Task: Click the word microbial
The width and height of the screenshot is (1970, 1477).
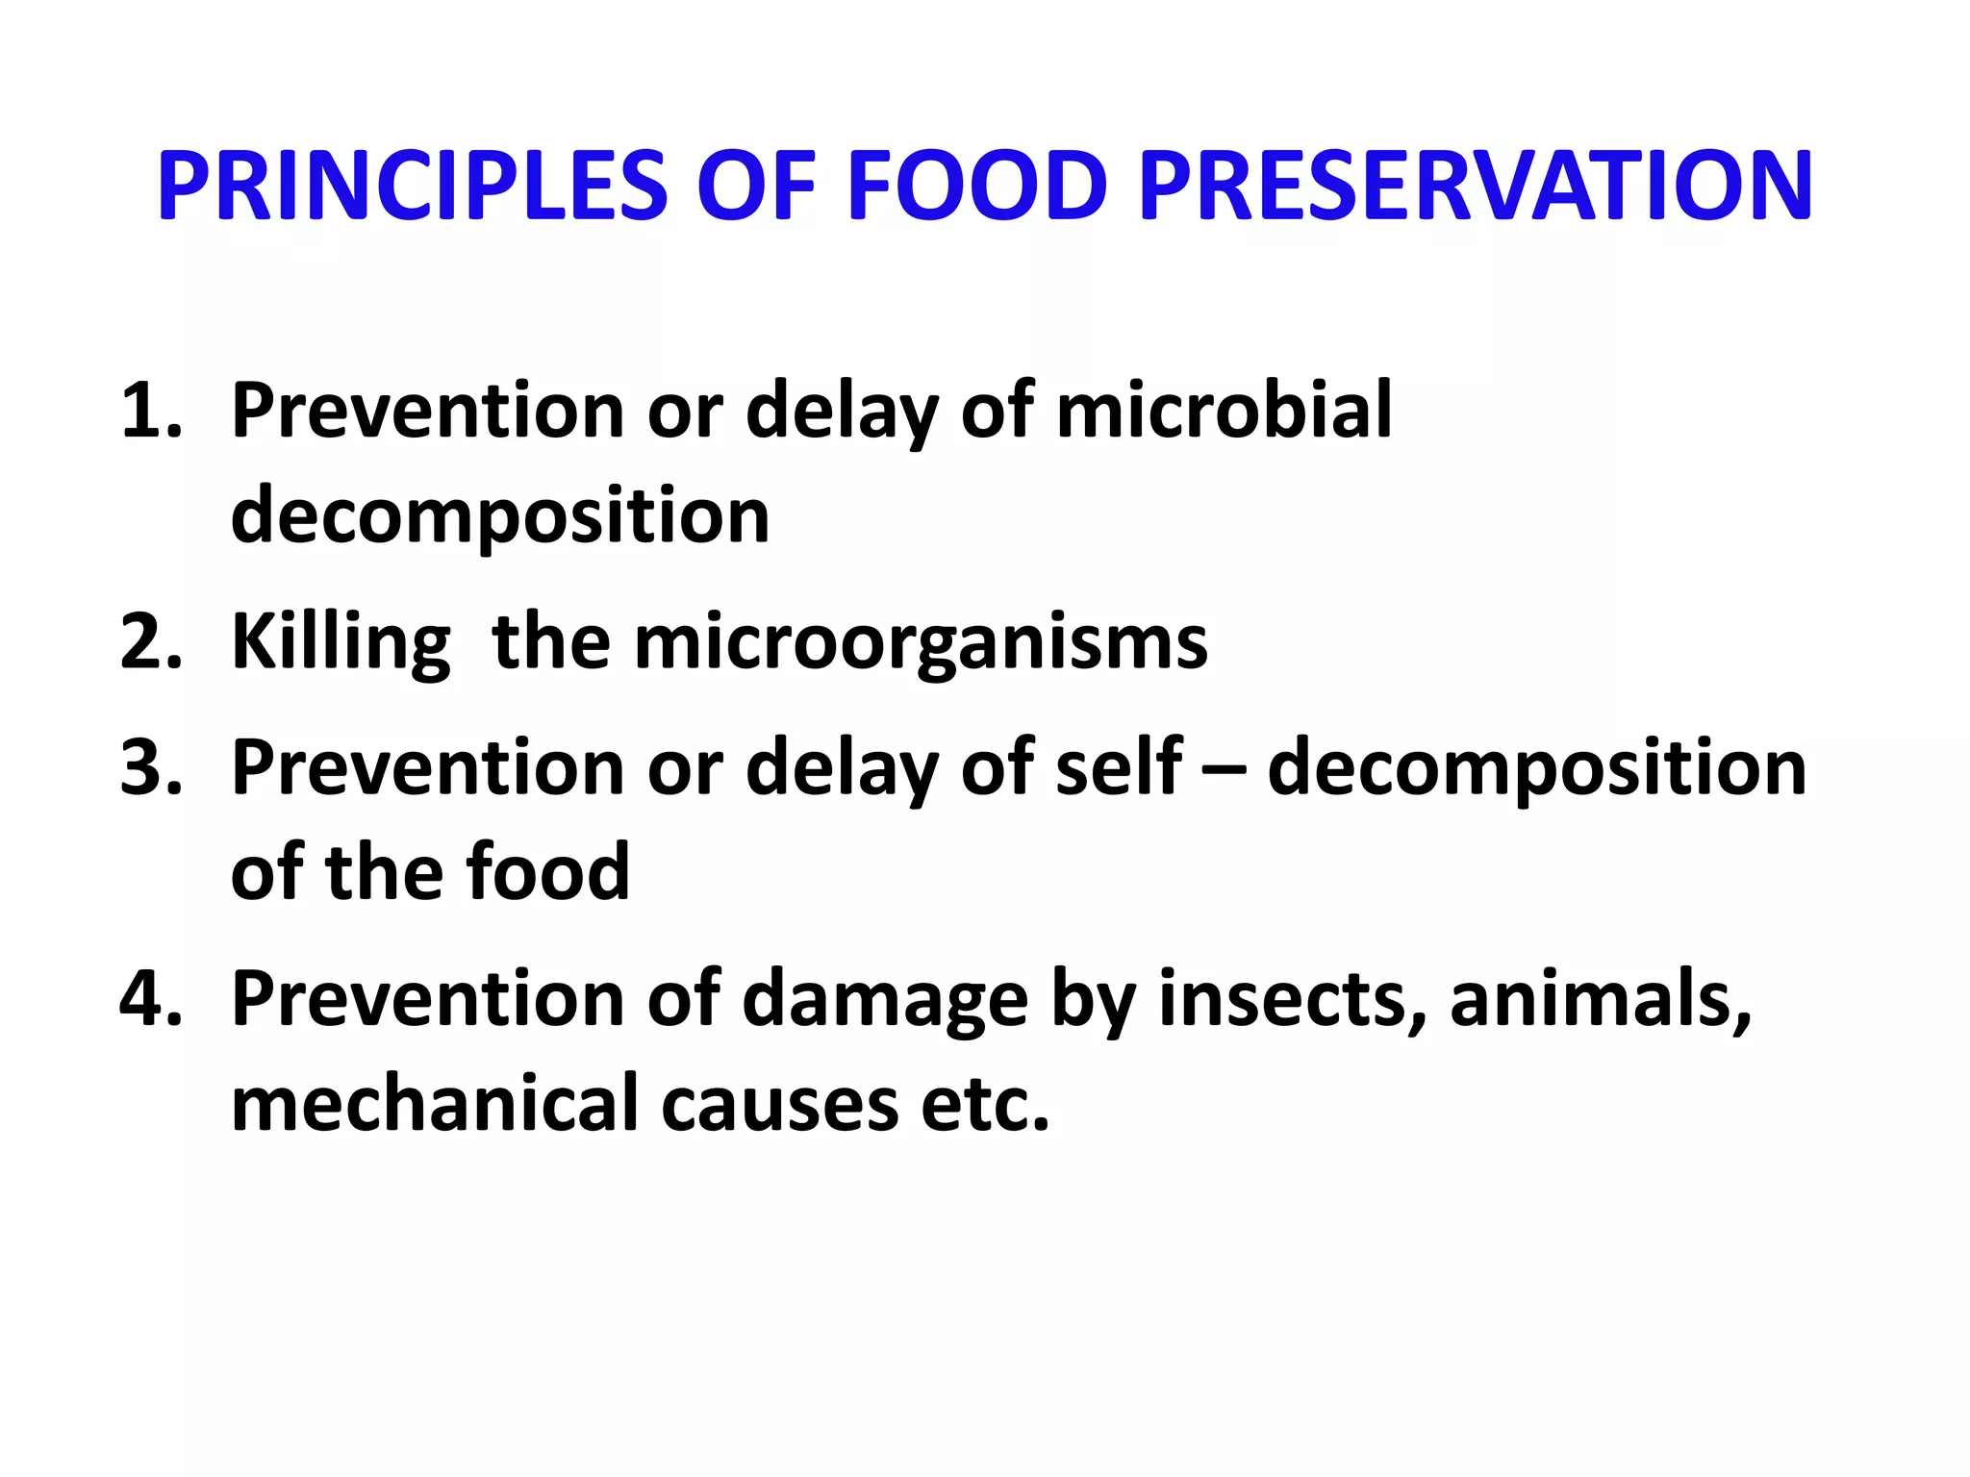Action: coord(1224,411)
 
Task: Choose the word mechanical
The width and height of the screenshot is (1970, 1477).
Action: coord(435,1103)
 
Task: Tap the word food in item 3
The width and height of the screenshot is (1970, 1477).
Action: coord(547,872)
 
